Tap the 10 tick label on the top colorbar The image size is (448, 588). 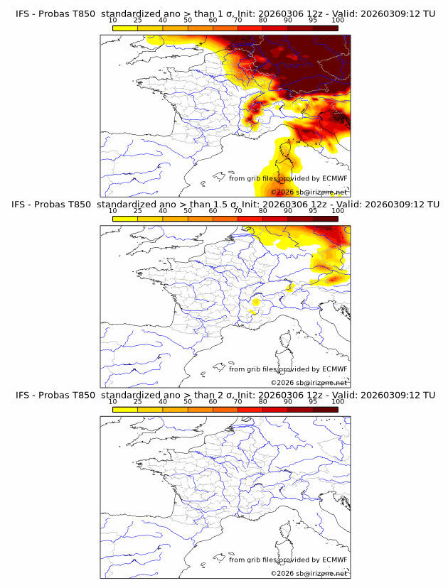pos(113,20)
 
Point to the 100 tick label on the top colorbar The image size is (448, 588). pos(338,20)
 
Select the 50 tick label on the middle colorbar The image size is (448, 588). pos(188,210)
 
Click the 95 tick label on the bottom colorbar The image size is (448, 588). pos(313,401)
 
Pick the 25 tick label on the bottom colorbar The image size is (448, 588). pos(138,401)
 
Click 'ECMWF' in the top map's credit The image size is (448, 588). pos(334,178)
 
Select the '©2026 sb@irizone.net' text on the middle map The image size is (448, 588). pos(309,382)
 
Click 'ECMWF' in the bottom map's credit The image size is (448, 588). pos(334,560)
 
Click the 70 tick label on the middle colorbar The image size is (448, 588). pos(238,210)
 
